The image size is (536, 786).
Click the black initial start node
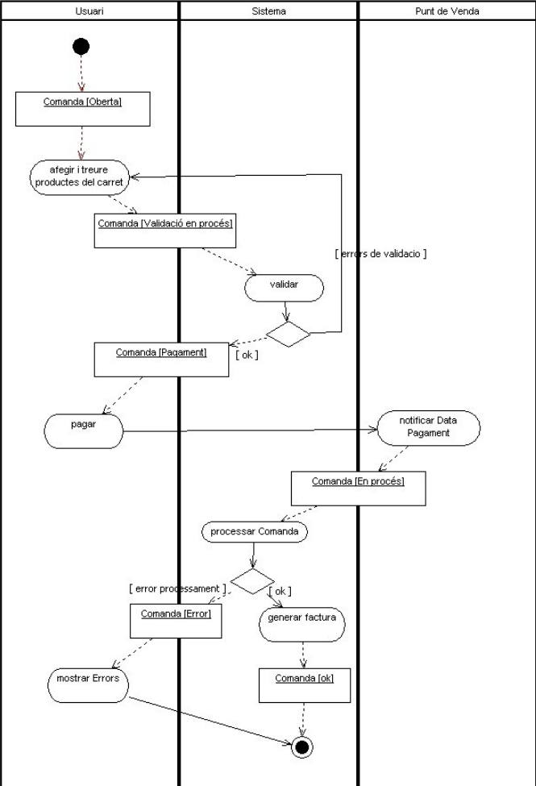(81, 47)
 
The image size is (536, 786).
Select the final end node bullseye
(302, 747)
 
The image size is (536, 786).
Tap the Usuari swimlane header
(89, 11)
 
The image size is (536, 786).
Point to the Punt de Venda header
(447, 11)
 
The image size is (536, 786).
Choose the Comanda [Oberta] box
(83, 109)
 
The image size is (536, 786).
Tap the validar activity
(284, 288)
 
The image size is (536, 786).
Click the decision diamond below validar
(289, 334)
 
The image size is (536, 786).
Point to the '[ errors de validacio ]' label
(380, 254)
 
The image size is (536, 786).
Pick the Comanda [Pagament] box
(161, 360)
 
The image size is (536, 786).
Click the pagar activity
(83, 431)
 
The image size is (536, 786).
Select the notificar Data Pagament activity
(429, 427)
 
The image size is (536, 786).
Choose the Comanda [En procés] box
(358, 489)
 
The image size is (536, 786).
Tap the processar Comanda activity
(254, 532)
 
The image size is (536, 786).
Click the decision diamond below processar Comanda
(252, 581)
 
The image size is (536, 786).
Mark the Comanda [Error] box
(176, 622)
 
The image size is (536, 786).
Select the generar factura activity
(302, 620)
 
